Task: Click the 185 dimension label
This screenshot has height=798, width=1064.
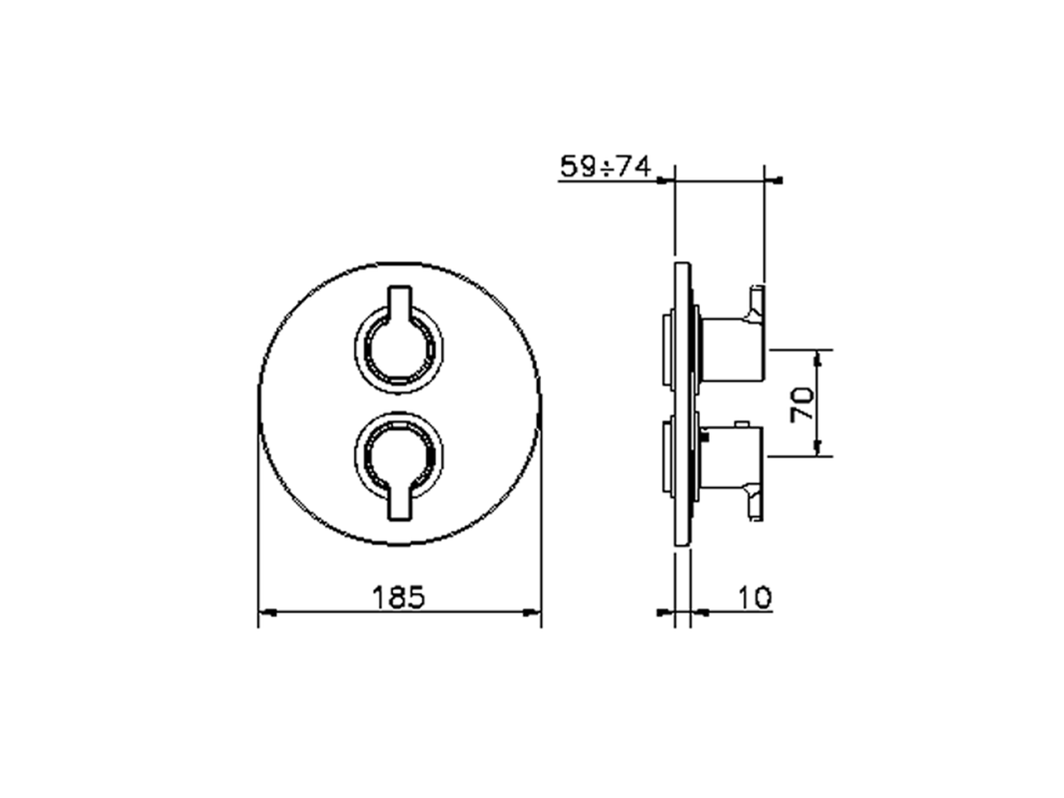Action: coord(398,597)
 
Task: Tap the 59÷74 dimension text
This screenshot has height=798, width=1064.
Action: coord(604,167)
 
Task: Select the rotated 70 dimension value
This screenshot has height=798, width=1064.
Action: coord(803,403)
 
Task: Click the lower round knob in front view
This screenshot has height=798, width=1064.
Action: coord(399,457)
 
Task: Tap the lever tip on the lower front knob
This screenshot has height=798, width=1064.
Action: coord(399,508)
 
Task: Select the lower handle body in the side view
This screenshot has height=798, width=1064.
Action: coord(731,456)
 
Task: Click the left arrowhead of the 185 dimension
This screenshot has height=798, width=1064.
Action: coord(267,613)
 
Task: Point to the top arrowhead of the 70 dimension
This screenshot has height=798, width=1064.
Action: coord(820,357)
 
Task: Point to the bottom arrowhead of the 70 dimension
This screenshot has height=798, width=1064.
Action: coord(820,449)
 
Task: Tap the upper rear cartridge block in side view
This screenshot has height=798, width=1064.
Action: coord(667,350)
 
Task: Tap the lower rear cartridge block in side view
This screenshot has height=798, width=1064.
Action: coord(667,456)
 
